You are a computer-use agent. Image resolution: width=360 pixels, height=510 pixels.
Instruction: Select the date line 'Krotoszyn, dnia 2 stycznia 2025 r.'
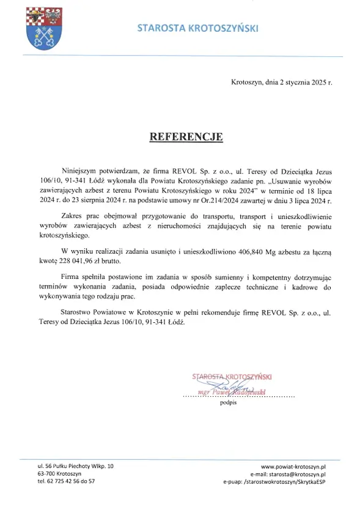pos(282,82)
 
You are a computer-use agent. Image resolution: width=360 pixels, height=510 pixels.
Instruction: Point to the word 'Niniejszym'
pos(81,172)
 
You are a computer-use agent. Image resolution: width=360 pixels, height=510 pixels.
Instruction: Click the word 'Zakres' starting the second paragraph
pos(73,215)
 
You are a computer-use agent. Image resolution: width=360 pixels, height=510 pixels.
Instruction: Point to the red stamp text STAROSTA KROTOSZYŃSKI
pos(232,377)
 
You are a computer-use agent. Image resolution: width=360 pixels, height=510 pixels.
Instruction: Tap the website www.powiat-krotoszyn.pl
pos(293,466)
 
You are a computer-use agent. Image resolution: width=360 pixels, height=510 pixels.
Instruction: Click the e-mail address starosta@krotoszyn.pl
pos(288,474)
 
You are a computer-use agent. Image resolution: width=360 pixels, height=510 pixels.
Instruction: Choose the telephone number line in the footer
pos(66,482)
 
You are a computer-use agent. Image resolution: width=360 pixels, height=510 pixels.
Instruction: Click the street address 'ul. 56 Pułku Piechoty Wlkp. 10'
pos(75,466)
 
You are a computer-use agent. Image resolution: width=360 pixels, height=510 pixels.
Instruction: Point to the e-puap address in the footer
pos(274,482)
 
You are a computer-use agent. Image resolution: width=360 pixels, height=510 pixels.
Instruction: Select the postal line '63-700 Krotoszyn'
pos(59,474)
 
